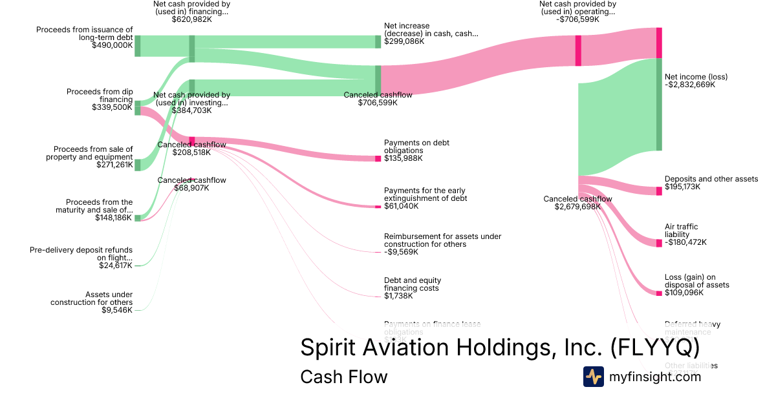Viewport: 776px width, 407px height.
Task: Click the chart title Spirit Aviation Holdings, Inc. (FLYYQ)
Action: (500, 348)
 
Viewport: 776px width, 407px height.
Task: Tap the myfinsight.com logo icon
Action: (594, 377)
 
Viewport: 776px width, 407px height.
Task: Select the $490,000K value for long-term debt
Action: (113, 45)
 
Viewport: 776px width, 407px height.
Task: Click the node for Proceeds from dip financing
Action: (137, 108)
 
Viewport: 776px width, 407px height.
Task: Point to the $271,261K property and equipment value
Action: (113, 165)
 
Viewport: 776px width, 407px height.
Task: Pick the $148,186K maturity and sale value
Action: (113, 218)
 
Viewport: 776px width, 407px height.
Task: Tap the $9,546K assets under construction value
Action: (117, 310)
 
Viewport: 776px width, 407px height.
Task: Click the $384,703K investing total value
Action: (191, 110)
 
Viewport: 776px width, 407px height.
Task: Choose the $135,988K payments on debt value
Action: (403, 158)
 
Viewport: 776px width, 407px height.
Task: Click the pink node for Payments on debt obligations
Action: (378, 158)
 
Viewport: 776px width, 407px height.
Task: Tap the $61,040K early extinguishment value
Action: (401, 206)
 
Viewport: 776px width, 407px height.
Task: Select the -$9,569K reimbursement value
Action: (401, 252)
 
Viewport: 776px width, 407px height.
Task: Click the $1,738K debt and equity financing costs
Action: (398, 295)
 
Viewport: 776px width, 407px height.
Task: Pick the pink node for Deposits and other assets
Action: (659, 191)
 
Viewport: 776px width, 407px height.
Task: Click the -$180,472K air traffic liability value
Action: (685, 242)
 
